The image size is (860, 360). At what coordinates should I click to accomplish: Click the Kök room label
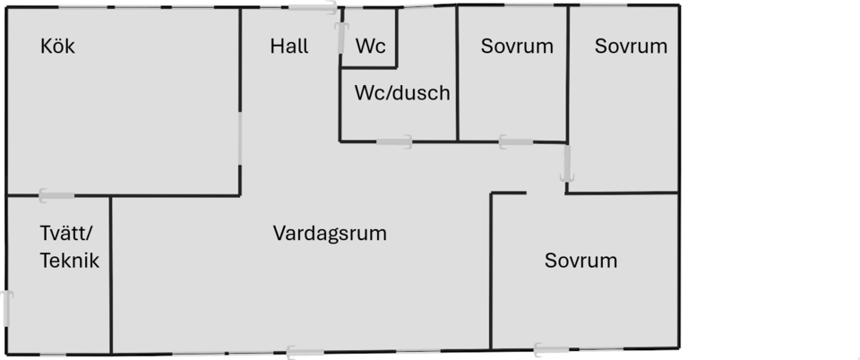click(x=57, y=46)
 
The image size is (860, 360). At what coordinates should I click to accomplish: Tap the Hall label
click(x=289, y=46)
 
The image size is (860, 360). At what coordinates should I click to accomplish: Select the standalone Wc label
click(x=370, y=46)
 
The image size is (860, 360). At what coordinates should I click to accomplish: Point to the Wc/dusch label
click(x=402, y=92)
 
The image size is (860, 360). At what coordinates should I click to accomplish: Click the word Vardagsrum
click(x=330, y=234)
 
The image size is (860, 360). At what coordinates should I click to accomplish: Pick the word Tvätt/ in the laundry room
click(x=67, y=234)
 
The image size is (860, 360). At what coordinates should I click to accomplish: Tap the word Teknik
click(x=70, y=261)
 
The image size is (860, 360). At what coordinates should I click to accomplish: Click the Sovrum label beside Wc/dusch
click(x=517, y=46)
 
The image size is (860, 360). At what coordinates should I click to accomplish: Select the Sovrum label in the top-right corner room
click(x=631, y=46)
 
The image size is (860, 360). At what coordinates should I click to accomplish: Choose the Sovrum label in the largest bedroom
click(x=580, y=261)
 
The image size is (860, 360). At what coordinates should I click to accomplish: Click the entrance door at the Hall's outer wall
click(x=313, y=8)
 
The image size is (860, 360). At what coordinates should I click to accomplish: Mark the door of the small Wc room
click(x=342, y=38)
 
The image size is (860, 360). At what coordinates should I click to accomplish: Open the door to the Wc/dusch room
click(x=394, y=141)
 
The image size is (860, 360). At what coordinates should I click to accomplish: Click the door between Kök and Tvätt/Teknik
click(x=56, y=195)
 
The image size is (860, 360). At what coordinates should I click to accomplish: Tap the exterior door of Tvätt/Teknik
click(x=6, y=309)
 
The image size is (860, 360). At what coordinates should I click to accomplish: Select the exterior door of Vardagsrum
click(x=305, y=353)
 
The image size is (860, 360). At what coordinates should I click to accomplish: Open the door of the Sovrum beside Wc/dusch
click(x=516, y=141)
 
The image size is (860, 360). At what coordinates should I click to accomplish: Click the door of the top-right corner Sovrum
click(x=566, y=163)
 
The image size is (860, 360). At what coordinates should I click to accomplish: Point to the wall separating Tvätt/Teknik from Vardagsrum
click(x=111, y=275)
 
